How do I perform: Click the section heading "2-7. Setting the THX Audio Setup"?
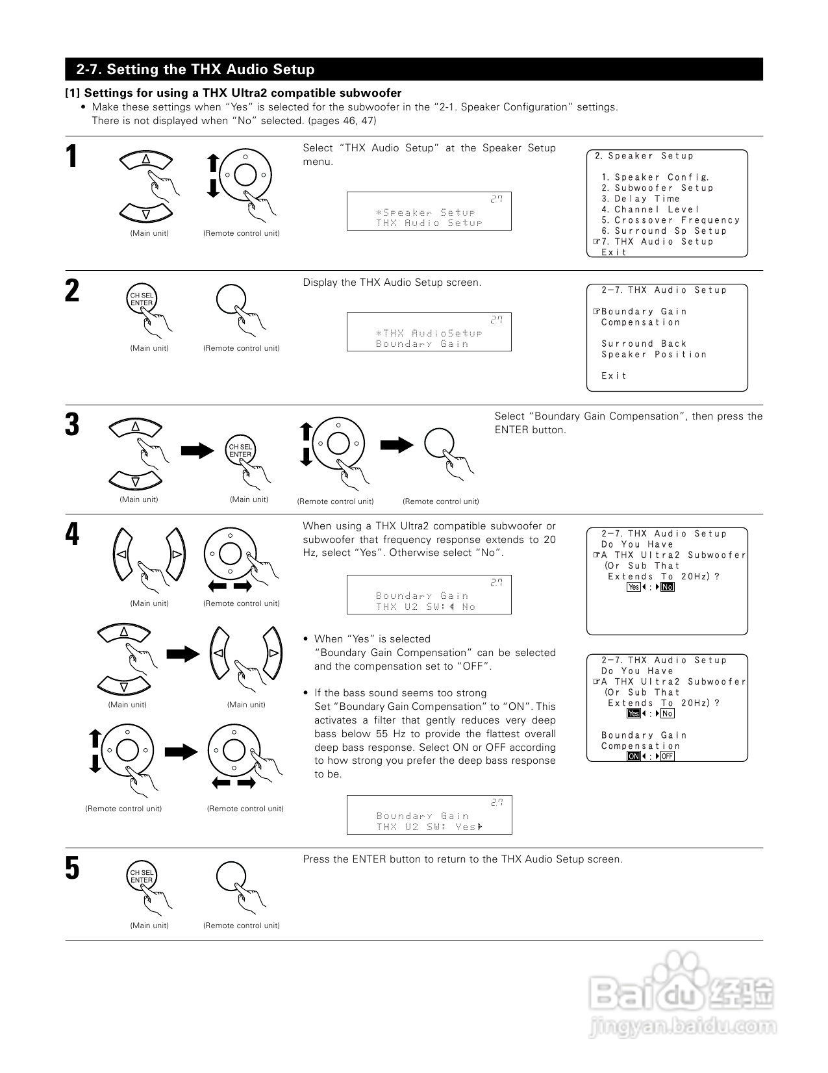pos(195,69)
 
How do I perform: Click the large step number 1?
pos(73,157)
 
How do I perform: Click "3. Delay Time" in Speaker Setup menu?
pos(640,199)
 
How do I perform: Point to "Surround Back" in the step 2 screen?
pos(644,344)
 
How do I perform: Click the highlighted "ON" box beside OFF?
pos(633,756)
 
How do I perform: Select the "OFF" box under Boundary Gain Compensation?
pos(668,756)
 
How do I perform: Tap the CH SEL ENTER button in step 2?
pos(141,299)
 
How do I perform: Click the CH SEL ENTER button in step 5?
pos(141,876)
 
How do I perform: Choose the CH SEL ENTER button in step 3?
pos(240,450)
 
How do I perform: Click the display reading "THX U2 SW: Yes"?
pos(429,827)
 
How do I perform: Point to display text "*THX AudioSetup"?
pos(429,333)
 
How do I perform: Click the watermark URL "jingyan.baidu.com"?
pos(681,1027)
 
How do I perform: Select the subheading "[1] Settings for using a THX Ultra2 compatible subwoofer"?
pos(233,94)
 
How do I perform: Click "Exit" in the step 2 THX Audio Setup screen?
pos(614,376)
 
